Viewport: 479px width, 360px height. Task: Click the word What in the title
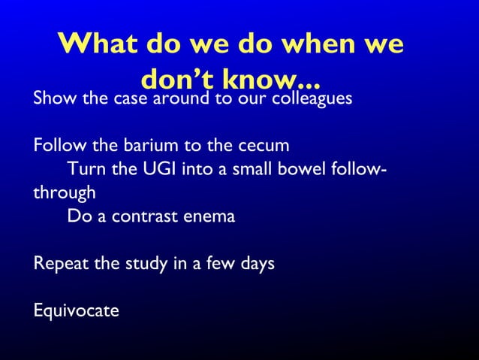coord(95,44)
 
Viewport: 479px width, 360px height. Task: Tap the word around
coord(180,98)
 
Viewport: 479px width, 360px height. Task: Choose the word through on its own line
coord(64,192)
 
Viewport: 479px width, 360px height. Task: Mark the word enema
coord(211,216)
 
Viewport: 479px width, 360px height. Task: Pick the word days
coord(256,265)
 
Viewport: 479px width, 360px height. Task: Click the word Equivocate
coord(76,310)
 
